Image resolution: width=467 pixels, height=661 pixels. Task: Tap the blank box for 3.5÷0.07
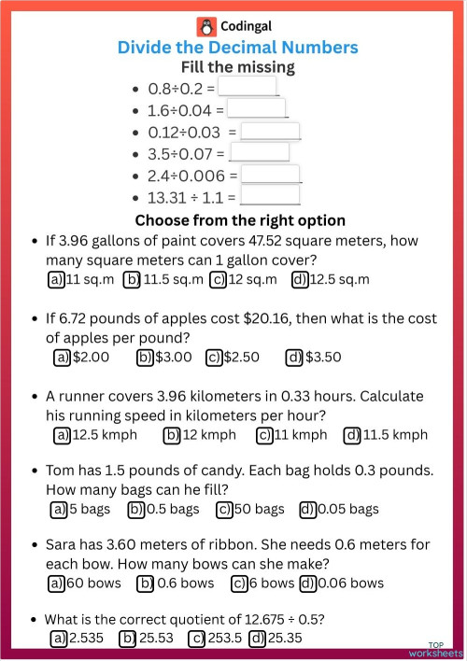(259, 151)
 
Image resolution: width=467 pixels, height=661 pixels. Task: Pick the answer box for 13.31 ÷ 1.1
(270, 195)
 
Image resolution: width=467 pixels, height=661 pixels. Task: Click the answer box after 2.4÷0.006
(270, 174)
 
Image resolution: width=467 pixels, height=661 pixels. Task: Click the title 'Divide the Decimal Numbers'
(237, 48)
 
